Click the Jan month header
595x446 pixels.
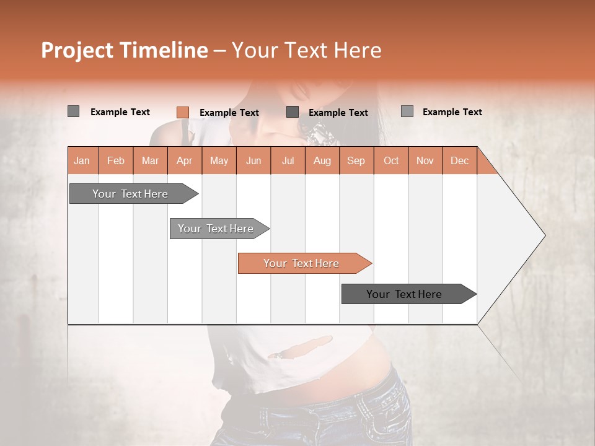(82, 160)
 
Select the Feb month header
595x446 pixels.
(116, 160)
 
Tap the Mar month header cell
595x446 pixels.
(150, 160)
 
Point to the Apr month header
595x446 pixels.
(185, 160)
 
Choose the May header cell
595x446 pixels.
(219, 160)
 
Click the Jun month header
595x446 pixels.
(253, 160)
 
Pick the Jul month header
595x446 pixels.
(288, 160)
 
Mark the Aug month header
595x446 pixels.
(322, 160)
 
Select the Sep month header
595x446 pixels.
(356, 160)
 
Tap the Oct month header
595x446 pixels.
(391, 160)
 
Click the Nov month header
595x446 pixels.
(425, 160)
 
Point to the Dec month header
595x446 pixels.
(460, 160)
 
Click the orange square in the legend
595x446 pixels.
(183, 112)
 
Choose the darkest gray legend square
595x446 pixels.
(293, 112)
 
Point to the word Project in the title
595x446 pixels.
(76, 50)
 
